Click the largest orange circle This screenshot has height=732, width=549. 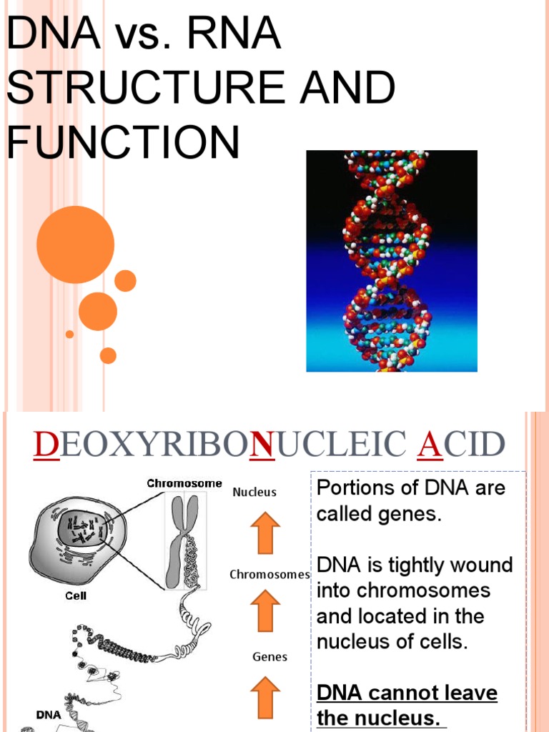point(75,244)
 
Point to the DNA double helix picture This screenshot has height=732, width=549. point(391,261)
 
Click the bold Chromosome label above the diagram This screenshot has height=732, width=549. point(184,484)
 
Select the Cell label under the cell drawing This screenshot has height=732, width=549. point(76,594)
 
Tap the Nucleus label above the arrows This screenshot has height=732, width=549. point(254,493)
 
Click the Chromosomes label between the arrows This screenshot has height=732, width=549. point(269,575)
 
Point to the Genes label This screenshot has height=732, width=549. point(270,656)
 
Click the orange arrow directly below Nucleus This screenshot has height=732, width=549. point(265,533)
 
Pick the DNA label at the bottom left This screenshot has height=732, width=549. point(49,713)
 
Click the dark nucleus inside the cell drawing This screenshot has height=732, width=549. point(84,532)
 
